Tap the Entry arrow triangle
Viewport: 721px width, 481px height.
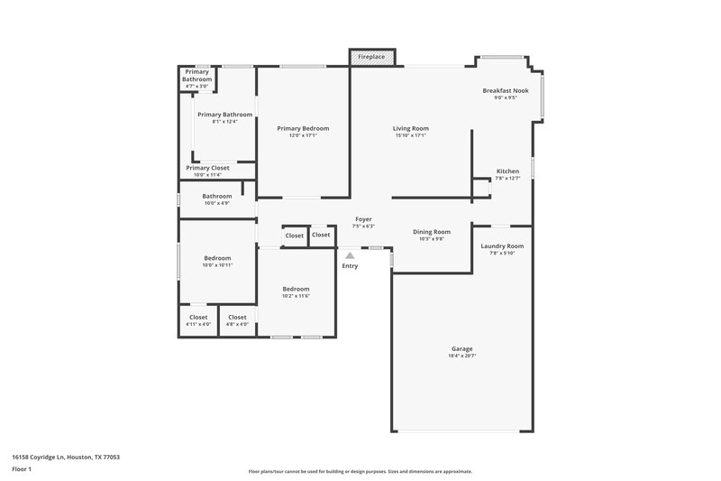tap(350, 255)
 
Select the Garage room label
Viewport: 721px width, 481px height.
tap(461, 348)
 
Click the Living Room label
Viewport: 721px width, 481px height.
tap(410, 128)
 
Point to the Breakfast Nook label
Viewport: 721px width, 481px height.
tap(505, 90)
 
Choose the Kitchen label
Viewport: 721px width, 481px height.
tap(507, 171)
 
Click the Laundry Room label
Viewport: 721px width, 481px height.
tap(502, 245)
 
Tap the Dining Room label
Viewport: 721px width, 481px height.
tap(431, 232)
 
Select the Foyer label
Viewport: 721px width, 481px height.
tap(363, 219)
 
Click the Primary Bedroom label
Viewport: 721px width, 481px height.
tap(303, 128)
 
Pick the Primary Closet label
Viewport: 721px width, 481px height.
tap(207, 168)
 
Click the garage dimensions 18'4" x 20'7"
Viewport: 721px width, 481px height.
tap(461, 356)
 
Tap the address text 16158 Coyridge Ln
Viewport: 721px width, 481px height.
tap(65, 457)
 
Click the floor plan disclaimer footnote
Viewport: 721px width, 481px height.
tap(360, 471)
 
